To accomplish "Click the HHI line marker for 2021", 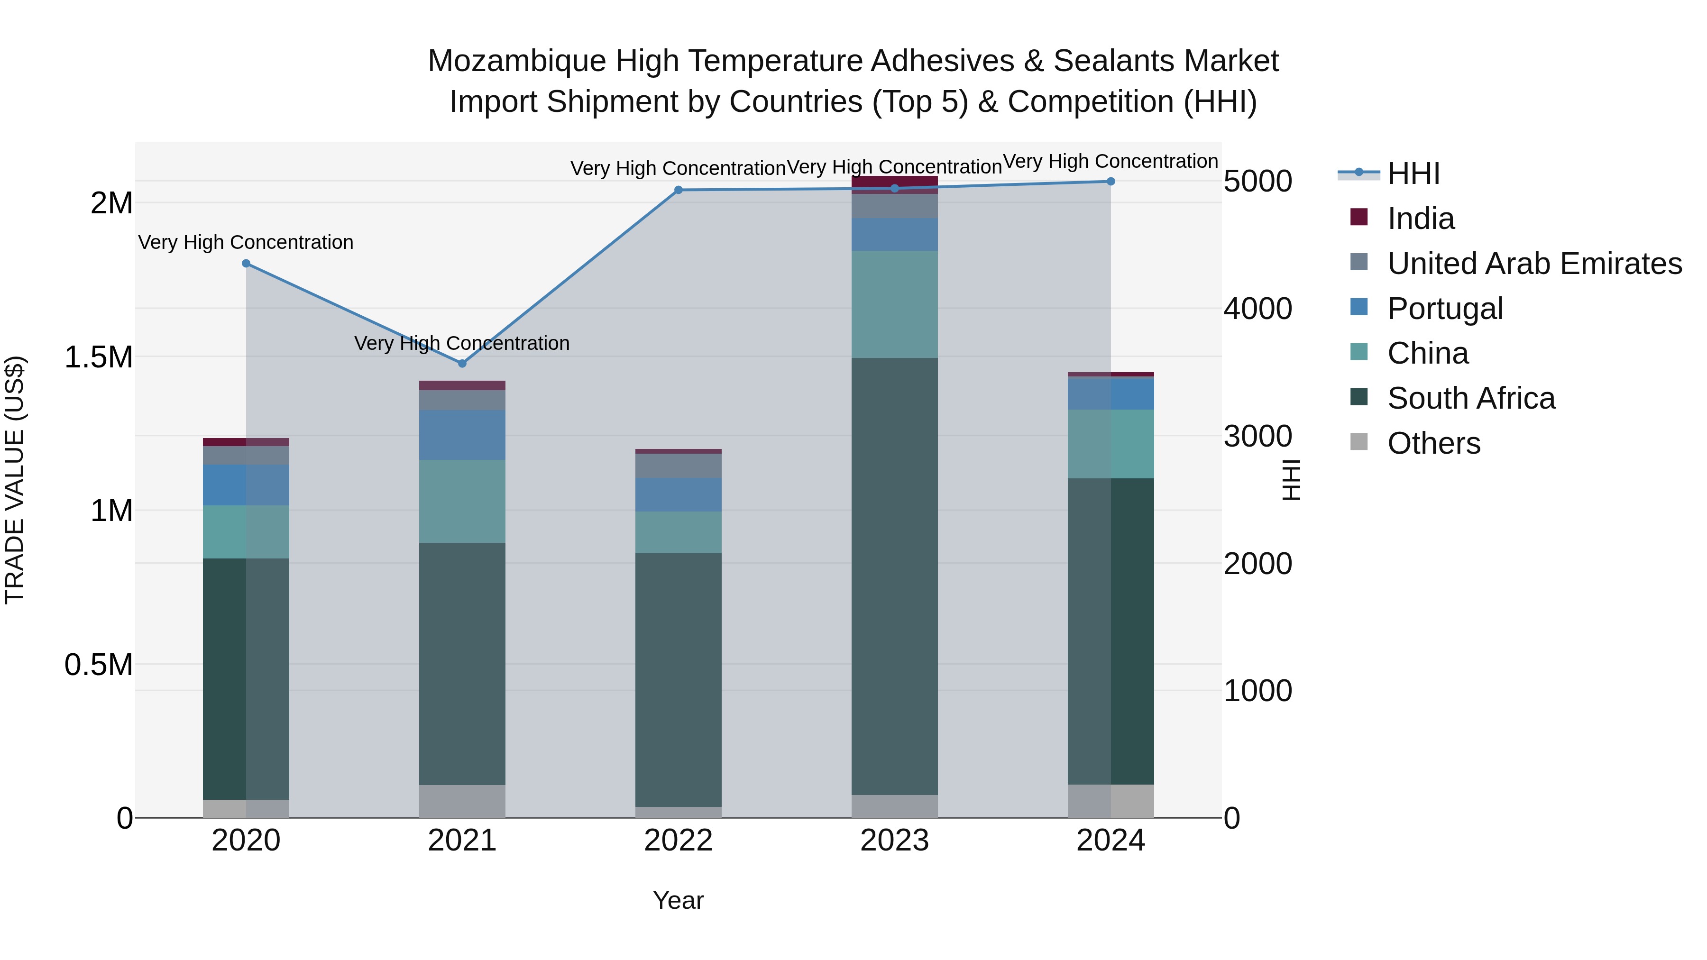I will pyautogui.click(x=462, y=363).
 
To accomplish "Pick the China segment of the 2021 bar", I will pyautogui.click(x=462, y=501).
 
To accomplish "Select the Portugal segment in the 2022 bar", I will pyautogui.click(x=678, y=494).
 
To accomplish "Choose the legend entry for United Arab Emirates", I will pyautogui.click(x=1534, y=263).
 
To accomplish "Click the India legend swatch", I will pyautogui.click(x=1358, y=217).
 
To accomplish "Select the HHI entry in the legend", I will pyautogui.click(x=1413, y=174).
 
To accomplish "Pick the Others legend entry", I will pyautogui.click(x=1433, y=443).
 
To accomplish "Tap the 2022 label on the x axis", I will pyautogui.click(x=678, y=841).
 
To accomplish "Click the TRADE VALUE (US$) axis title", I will pyautogui.click(x=15, y=480).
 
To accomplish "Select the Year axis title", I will pyautogui.click(x=678, y=900).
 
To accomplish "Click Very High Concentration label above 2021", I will pyautogui.click(x=462, y=343).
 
